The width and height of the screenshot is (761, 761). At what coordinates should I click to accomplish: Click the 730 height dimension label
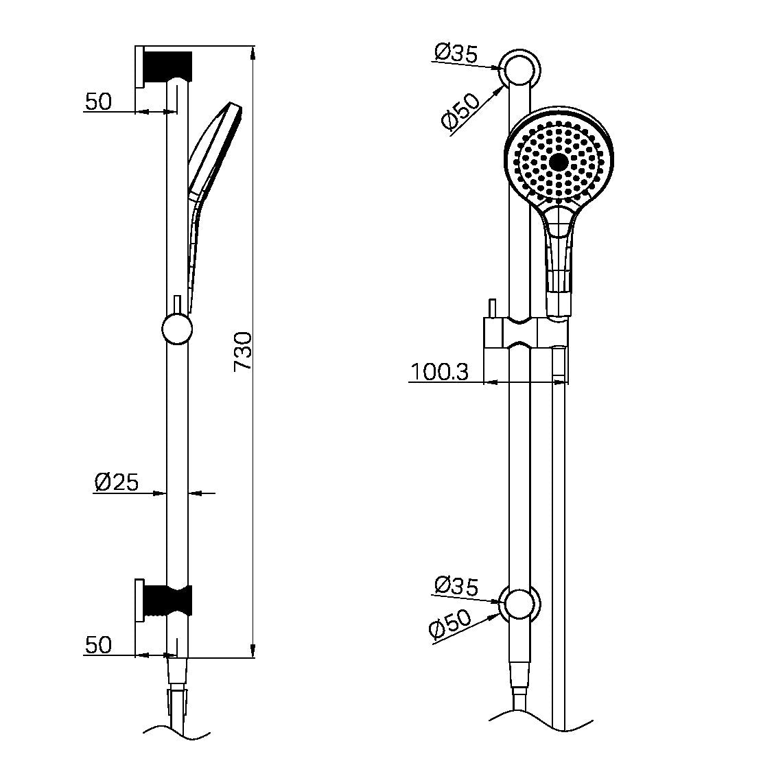[244, 351]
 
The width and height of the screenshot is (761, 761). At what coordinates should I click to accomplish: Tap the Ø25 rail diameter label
[116, 482]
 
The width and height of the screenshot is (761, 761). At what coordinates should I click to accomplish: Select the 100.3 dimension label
[439, 372]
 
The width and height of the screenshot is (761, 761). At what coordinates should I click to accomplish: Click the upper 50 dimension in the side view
[98, 102]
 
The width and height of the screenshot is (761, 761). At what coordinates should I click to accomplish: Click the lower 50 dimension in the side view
[98, 645]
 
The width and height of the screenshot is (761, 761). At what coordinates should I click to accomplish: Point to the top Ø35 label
[456, 53]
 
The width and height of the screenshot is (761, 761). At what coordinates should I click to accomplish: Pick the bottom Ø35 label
[456, 585]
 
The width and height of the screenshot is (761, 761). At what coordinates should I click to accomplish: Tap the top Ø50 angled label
[460, 112]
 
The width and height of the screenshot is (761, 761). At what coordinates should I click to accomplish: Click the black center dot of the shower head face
[559, 162]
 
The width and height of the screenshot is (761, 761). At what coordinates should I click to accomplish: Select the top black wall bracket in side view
[169, 66]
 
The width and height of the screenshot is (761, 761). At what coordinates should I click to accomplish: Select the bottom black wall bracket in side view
[169, 599]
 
